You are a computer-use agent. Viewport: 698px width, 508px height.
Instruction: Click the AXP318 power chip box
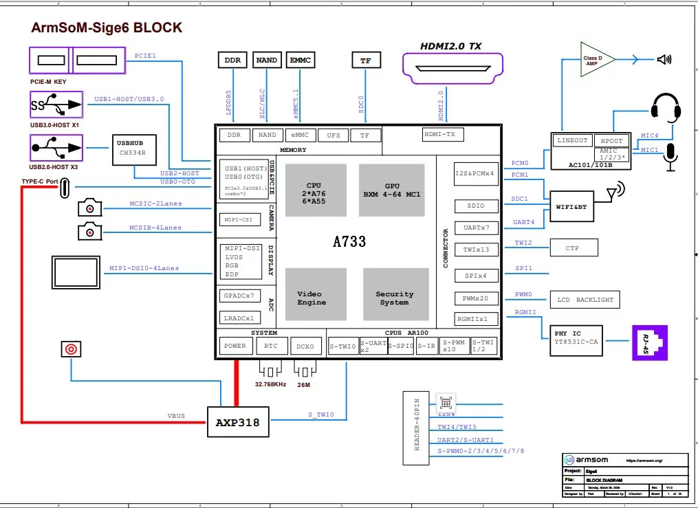pyautogui.click(x=238, y=422)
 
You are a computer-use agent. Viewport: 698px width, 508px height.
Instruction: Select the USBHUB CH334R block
pyautogui.click(x=135, y=149)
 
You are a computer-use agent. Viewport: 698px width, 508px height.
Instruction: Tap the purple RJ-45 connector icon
pyautogui.click(x=649, y=341)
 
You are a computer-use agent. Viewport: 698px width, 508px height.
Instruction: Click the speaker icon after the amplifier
pyautogui.click(x=664, y=60)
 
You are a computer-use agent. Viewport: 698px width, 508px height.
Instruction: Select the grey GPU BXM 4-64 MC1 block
pyautogui.click(x=392, y=190)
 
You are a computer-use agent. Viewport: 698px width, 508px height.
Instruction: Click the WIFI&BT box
pyautogui.click(x=571, y=206)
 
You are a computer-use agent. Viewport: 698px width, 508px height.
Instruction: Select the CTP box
pyautogui.click(x=572, y=248)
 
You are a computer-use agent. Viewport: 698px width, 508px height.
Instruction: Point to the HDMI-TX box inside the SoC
pyautogui.click(x=439, y=135)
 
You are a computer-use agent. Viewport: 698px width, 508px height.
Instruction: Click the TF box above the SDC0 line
pyautogui.click(x=365, y=60)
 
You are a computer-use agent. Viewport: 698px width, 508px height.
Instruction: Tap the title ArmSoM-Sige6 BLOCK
pyautogui.click(x=107, y=28)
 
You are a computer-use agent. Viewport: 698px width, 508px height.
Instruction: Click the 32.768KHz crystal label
pyautogui.click(x=270, y=384)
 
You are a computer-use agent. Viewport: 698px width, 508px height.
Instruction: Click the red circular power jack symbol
pyautogui.click(x=69, y=349)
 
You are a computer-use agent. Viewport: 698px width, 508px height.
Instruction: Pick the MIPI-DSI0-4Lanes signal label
pyautogui.click(x=145, y=268)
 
